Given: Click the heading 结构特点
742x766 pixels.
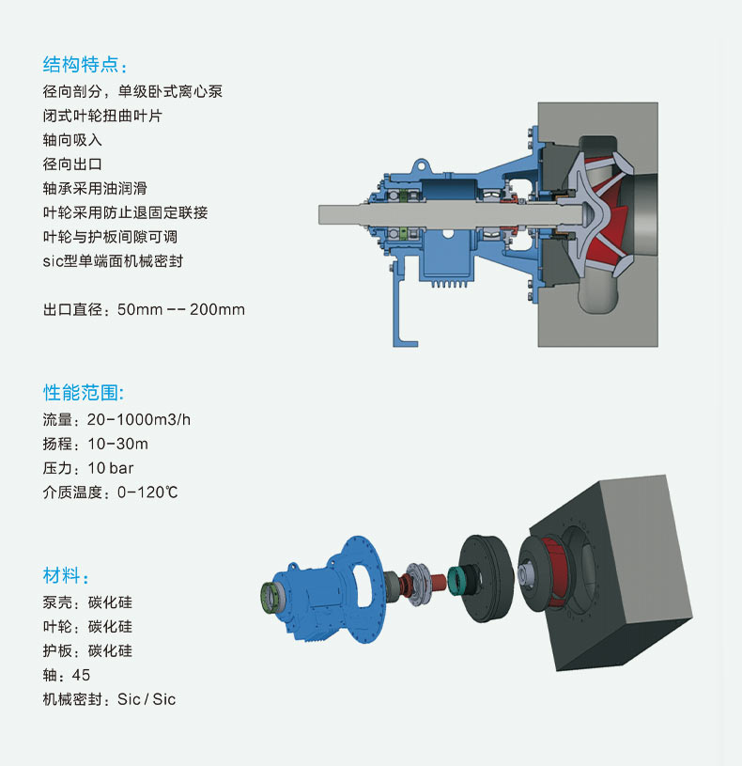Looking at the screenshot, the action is click(x=81, y=65).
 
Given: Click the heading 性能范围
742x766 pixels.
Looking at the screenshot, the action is click(x=81, y=392).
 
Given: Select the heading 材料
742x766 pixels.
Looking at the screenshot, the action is click(x=61, y=575).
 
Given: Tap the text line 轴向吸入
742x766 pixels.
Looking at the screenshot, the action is click(x=72, y=140).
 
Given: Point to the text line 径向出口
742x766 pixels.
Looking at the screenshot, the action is click(x=72, y=164).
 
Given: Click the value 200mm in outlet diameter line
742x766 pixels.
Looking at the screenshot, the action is click(x=217, y=309).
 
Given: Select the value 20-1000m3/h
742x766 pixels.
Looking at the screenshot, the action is click(x=139, y=419).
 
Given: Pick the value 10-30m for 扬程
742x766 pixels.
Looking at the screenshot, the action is click(x=117, y=444).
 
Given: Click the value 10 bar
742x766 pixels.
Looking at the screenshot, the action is click(x=110, y=468).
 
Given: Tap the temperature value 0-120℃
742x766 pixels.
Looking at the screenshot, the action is click(x=147, y=492).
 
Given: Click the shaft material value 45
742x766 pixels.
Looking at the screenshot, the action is click(x=81, y=675).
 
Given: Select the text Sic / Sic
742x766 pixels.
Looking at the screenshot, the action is click(x=147, y=699).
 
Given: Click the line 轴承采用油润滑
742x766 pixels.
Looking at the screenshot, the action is click(x=95, y=188).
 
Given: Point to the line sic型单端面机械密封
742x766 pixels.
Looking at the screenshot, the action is click(x=113, y=261).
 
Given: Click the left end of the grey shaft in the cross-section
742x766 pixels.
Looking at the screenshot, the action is click(x=319, y=214).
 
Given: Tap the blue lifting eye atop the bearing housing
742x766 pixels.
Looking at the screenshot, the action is click(x=422, y=166).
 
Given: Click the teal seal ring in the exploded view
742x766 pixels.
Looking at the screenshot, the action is click(x=456, y=580).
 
